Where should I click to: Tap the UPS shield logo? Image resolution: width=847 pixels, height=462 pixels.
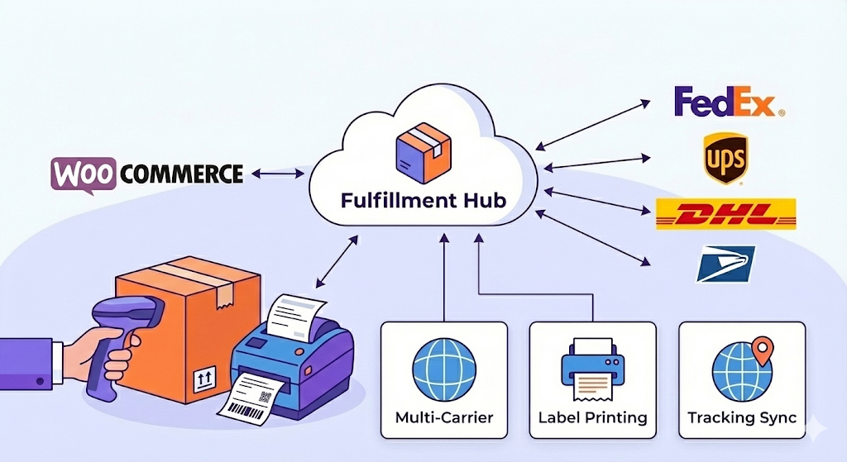point(725,158)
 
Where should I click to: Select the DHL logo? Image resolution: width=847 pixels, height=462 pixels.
point(725,214)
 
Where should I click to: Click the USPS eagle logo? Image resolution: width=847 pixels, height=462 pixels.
point(725,264)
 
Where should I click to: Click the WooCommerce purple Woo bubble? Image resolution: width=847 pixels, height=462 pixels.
point(84,174)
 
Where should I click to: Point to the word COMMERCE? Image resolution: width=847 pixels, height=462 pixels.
point(182,174)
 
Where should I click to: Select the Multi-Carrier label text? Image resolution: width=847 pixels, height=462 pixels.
point(444,417)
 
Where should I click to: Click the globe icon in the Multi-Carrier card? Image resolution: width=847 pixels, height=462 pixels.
point(444,369)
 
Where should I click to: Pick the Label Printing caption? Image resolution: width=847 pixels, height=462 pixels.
point(592,417)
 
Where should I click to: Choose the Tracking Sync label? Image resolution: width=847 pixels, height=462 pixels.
point(742,417)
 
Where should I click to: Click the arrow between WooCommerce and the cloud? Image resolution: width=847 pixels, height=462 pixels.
point(278,174)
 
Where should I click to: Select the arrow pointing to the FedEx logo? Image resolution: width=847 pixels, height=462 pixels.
point(592,126)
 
